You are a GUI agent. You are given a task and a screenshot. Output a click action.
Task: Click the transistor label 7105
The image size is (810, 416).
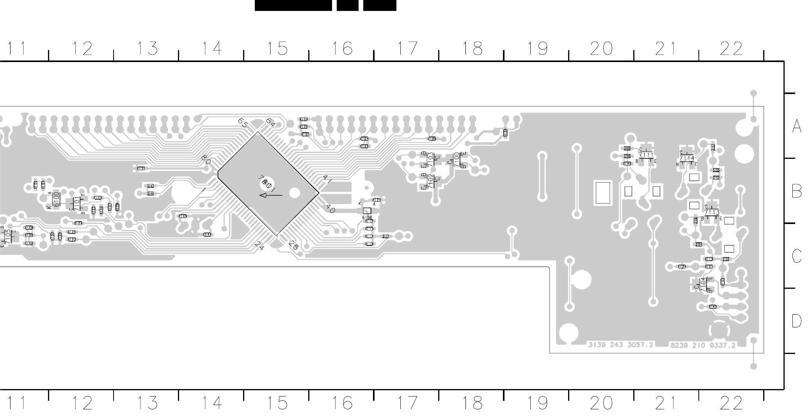point(8,236)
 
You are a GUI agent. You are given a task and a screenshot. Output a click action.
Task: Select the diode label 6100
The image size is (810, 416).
point(57,199)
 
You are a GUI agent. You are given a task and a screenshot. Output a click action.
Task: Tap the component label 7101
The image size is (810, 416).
point(77,203)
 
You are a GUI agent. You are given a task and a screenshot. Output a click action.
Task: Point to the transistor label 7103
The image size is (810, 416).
point(430,159)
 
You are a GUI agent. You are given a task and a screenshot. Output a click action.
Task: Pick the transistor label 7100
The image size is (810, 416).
point(457,159)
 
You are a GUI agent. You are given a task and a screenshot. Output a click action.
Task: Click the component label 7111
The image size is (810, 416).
point(646,155)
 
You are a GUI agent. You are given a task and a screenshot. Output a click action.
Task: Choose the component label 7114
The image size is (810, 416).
point(687,158)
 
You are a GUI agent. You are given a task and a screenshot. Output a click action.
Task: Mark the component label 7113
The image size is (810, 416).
point(712,212)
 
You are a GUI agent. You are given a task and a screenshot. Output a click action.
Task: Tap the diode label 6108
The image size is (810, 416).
point(367,217)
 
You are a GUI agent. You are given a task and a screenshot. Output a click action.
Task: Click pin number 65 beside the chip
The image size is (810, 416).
point(243,123)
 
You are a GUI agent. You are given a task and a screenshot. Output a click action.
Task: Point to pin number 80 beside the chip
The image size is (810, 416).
point(206,159)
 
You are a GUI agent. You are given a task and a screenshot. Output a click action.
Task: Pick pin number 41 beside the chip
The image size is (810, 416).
point(327,180)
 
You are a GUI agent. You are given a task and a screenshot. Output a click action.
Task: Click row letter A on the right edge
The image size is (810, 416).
point(797,126)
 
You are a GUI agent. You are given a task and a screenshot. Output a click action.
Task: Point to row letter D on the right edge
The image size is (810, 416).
point(797,322)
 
